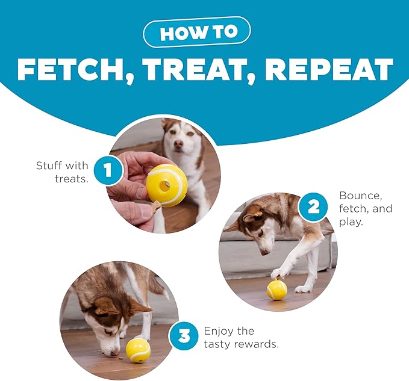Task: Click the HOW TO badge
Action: (x=197, y=32)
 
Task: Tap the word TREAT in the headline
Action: (x=198, y=70)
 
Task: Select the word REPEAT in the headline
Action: (x=329, y=70)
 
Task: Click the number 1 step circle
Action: (x=108, y=170)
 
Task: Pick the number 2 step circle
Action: (x=313, y=207)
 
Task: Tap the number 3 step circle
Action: (x=184, y=336)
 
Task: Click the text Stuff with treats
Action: (x=62, y=172)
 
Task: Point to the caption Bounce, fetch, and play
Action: (x=366, y=208)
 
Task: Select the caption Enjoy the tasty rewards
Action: (x=242, y=337)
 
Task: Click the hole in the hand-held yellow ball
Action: (x=164, y=186)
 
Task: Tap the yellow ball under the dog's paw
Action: (x=276, y=290)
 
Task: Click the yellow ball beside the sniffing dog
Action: (x=139, y=350)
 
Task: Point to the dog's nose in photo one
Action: (x=179, y=144)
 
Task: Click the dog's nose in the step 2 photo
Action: (x=265, y=252)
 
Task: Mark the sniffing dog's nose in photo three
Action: (x=114, y=353)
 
